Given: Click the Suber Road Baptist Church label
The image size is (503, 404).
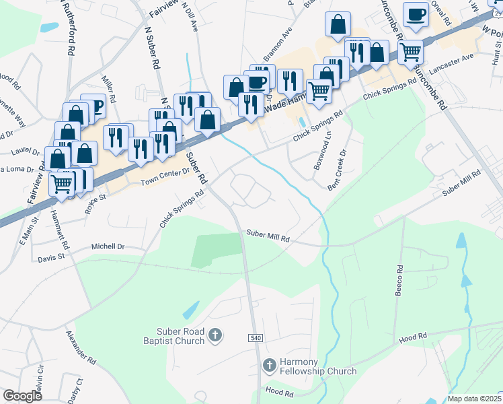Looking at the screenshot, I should (180, 336).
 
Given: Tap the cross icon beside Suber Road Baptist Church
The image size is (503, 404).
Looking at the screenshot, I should (215, 335).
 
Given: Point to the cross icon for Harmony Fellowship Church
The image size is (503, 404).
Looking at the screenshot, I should (268, 366).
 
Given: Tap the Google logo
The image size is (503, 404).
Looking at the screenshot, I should (23, 396).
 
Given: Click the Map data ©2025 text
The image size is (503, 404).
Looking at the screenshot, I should (474, 399).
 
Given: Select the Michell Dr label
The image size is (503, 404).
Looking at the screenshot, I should (109, 247).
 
